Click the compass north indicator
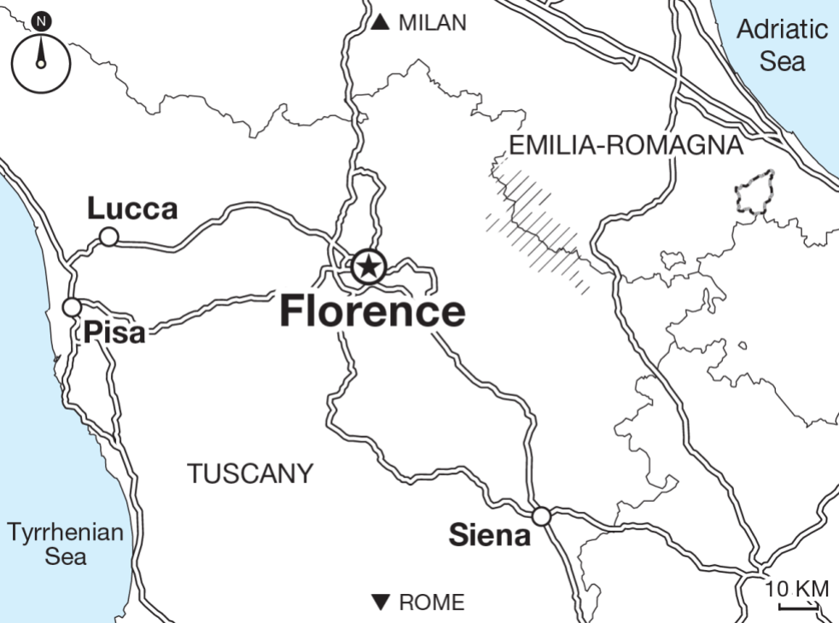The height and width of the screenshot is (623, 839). tap(40, 53)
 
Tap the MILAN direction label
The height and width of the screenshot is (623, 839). tap(433, 23)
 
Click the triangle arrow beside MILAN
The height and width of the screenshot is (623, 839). tap(381, 23)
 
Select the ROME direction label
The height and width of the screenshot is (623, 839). tap(432, 603)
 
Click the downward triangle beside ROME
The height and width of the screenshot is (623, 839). tap(382, 603)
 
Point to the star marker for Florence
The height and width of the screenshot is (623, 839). tap(368, 267)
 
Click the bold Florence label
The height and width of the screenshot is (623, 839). tap(372, 311)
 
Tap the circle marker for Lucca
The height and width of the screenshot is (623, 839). tap(109, 236)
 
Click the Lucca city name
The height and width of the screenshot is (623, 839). tap(132, 209)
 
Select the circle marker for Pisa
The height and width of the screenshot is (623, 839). tap(73, 306)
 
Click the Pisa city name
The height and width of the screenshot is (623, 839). tap(114, 332)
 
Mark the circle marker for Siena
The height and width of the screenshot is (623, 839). tap(541, 516)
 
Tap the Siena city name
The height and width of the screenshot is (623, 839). tap(489, 537)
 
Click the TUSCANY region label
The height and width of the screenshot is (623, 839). tap(251, 474)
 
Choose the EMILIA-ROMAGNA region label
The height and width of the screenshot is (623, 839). tap(626, 146)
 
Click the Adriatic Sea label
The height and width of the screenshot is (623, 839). tap(782, 44)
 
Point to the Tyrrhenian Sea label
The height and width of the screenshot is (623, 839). tap(66, 544)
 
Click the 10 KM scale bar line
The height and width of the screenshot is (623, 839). tap(798, 608)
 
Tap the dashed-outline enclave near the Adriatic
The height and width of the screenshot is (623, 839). tap(755, 193)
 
